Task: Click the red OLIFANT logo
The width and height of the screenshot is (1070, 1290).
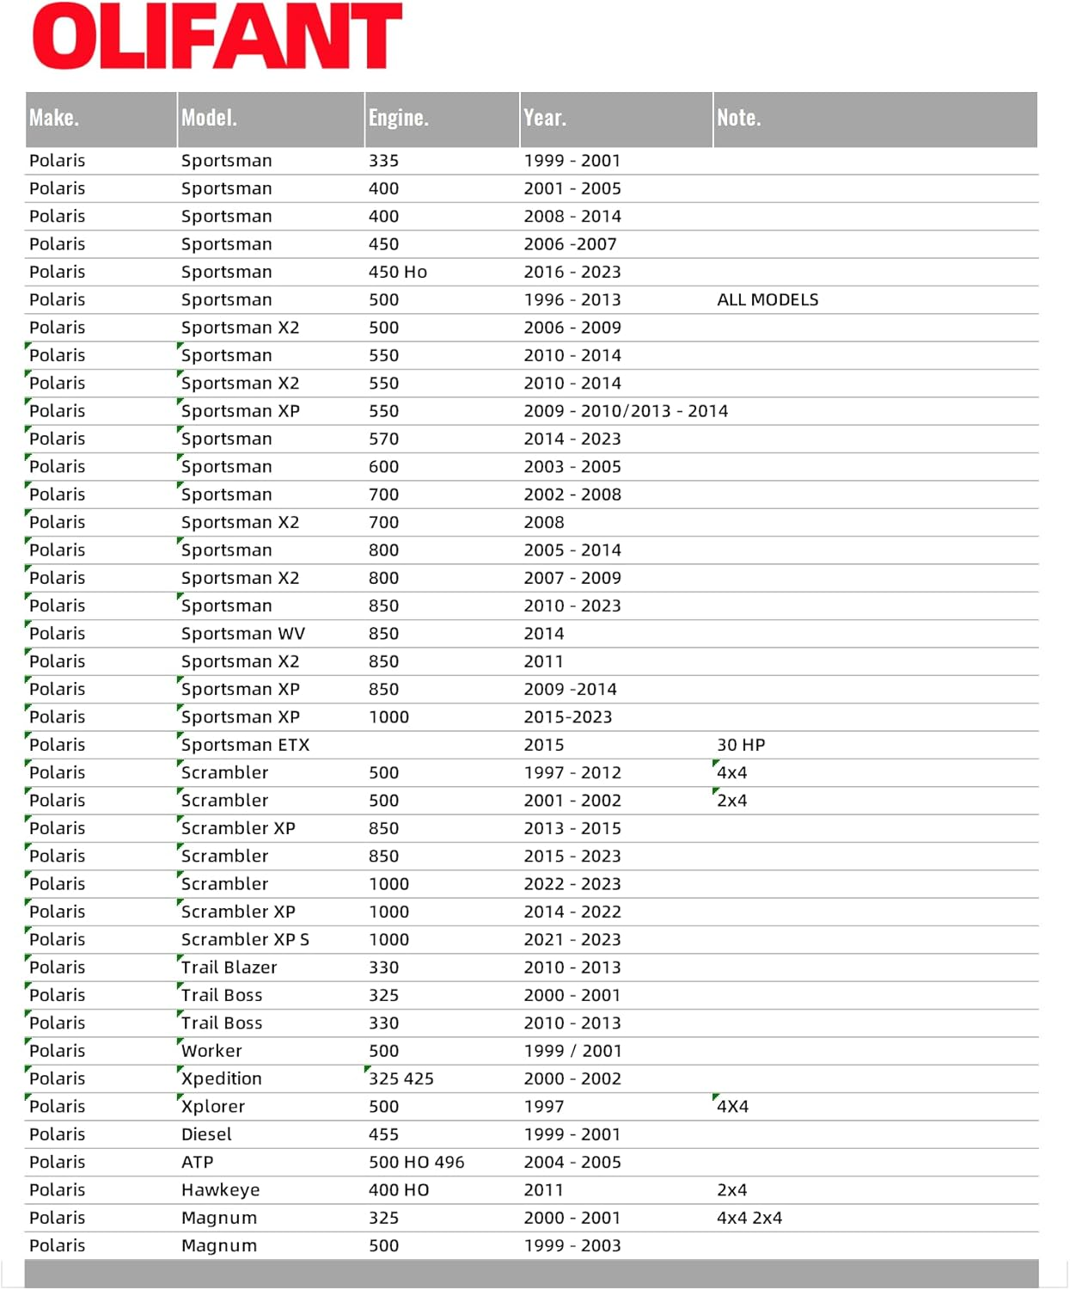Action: click(x=217, y=36)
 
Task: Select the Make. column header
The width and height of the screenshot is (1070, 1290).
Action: click(x=54, y=118)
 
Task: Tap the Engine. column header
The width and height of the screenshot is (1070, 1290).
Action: click(x=398, y=118)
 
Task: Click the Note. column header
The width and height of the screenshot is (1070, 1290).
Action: click(x=739, y=118)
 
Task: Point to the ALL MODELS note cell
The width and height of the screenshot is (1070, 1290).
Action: click(x=767, y=300)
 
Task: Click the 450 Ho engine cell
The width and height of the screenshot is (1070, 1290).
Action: click(x=397, y=273)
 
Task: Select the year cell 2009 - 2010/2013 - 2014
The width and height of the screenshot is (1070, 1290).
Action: click(x=626, y=411)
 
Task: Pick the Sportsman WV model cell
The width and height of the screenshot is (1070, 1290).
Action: click(x=242, y=634)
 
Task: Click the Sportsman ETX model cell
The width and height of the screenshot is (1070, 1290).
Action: click(x=245, y=745)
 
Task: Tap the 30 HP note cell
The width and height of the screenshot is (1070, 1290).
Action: click(x=741, y=745)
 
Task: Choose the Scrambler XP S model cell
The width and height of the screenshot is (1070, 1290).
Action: click(x=245, y=940)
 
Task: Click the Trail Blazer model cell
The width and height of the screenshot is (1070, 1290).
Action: click(x=229, y=967)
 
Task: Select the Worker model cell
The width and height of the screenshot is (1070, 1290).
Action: click(x=211, y=1051)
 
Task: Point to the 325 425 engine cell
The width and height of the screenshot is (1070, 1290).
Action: click(x=400, y=1078)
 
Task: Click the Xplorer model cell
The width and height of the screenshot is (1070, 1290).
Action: click(x=212, y=1107)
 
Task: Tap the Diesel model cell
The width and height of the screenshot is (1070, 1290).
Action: click(x=206, y=1134)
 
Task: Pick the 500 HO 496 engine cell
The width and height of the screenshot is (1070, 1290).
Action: click(x=416, y=1163)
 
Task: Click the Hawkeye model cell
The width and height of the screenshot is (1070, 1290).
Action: click(x=220, y=1190)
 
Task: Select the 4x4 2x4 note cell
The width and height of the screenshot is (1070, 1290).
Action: click(x=749, y=1218)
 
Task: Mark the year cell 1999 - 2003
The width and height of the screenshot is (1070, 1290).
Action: click(x=572, y=1246)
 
